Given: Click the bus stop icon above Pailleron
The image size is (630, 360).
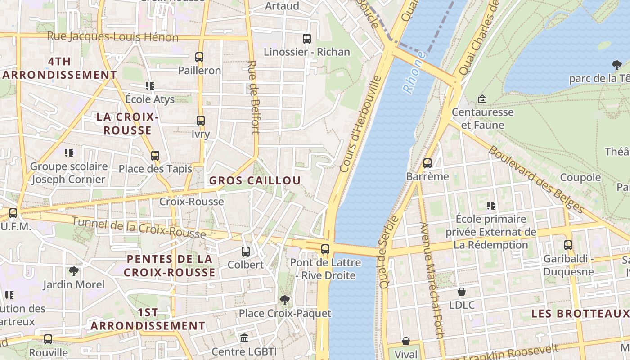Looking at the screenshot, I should point(199,57).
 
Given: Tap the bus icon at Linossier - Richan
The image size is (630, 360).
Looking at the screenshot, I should point(307,39).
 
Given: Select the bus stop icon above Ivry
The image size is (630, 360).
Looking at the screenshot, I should point(201,121).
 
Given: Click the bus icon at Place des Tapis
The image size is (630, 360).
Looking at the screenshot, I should point(155,156).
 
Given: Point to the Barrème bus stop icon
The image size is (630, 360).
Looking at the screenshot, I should point(427,163).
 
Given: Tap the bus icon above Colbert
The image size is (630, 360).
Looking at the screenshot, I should point(246,252).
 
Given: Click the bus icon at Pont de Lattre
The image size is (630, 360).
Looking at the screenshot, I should point(325,249).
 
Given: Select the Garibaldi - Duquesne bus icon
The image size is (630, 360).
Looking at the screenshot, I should point(568,245).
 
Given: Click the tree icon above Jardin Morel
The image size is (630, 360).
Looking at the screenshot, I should point(74,271).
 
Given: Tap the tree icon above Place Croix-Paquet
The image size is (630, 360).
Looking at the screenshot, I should point(285,300).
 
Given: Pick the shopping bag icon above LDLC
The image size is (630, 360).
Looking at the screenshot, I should point(462,292).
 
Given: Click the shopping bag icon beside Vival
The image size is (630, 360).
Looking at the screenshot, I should point(406,342).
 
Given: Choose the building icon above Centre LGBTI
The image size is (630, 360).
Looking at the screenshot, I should point(244,338).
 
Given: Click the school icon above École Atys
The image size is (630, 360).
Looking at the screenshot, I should point(150,86).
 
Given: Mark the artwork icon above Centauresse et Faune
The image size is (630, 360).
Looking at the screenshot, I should point(482,99).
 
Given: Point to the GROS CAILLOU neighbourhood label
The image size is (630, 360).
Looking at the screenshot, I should point(255,181).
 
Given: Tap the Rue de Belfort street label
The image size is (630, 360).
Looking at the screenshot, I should point(254,97).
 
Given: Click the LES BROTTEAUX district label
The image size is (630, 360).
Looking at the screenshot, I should point(580,313).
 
